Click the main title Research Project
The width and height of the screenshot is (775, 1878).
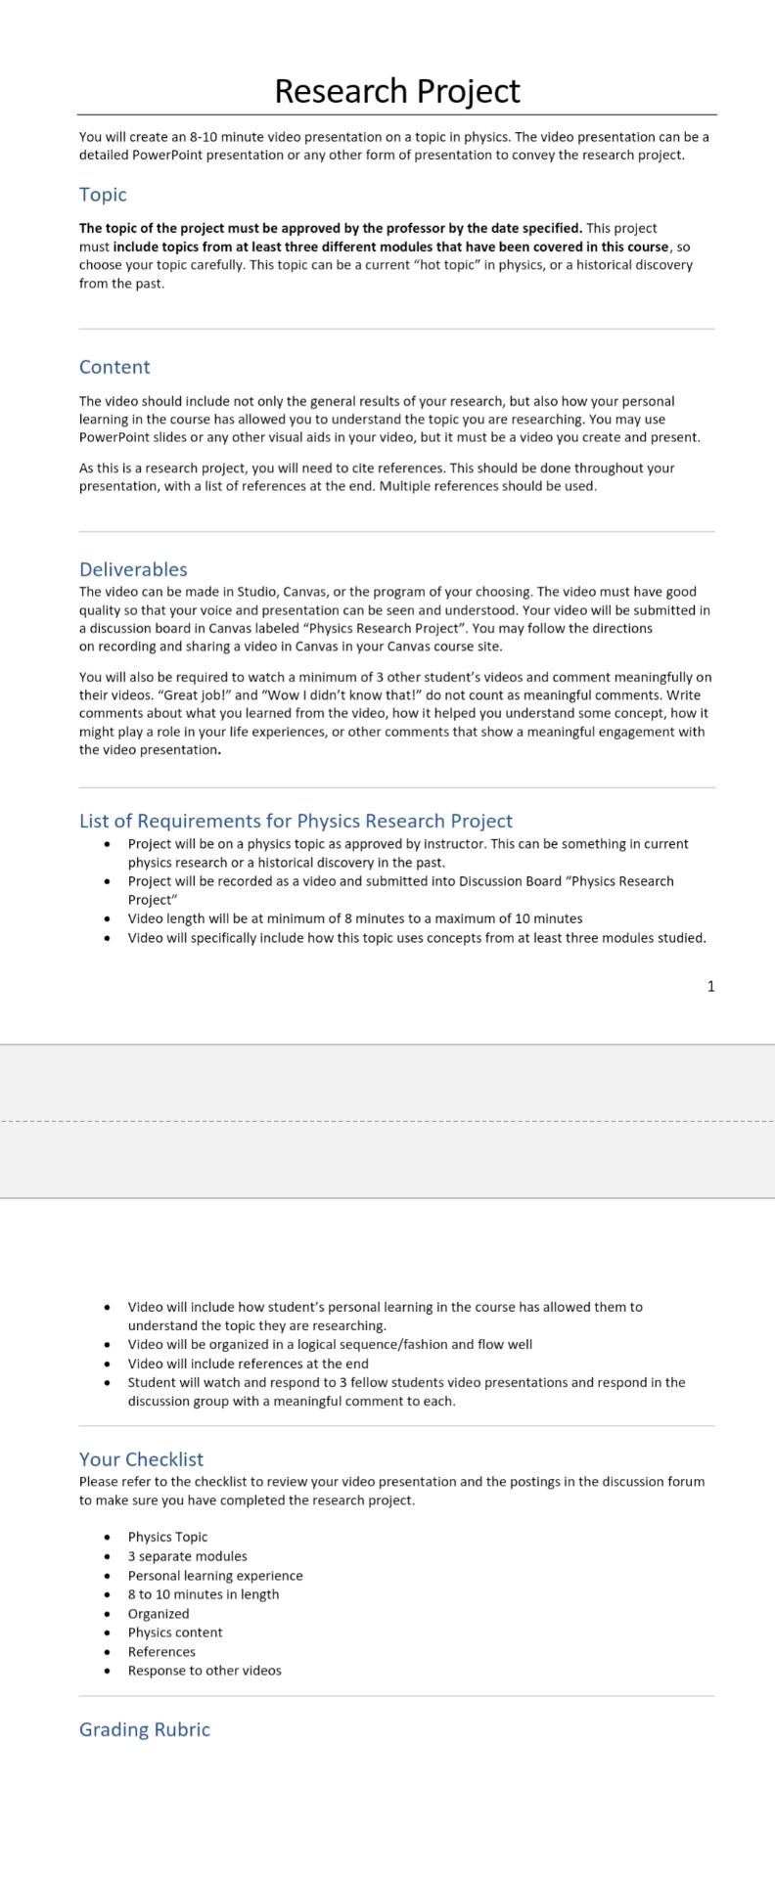pos(396,91)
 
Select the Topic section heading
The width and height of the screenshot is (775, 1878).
pos(103,195)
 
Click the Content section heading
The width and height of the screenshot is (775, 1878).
pos(114,367)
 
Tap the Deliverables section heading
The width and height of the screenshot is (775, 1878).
pos(133,569)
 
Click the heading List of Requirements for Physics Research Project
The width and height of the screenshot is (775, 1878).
pos(296,821)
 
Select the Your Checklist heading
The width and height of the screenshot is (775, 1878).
pos(141,1459)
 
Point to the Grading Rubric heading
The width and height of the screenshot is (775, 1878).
pos(145,1729)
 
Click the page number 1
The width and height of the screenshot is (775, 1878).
pos(711,986)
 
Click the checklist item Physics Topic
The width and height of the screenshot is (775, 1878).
pos(167,1537)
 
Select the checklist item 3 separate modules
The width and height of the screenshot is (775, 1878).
pos(187,1556)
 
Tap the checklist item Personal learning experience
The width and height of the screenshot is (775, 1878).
pos(215,1576)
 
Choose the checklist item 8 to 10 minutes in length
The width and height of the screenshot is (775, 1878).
pos(204,1594)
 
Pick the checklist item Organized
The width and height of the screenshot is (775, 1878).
pos(159,1614)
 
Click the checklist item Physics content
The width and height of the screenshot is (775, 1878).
pos(175,1632)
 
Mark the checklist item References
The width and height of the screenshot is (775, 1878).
pos(161,1652)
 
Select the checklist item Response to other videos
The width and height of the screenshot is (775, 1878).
pos(205,1671)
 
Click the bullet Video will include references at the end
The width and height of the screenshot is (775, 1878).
pos(249,1364)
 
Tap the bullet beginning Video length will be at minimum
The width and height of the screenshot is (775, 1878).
pos(355,918)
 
